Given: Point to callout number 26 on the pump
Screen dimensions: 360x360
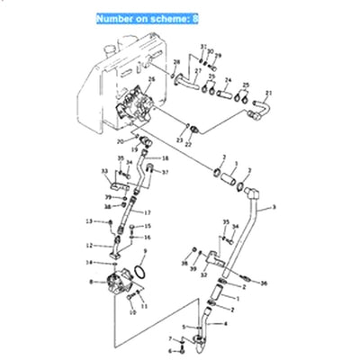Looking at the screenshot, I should click(x=151, y=80).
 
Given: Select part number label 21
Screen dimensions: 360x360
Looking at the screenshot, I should click(x=268, y=93).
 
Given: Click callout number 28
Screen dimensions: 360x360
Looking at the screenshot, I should click(x=176, y=61).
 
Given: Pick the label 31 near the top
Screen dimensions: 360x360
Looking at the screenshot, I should click(x=203, y=45).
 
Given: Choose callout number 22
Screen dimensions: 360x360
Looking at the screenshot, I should click(x=188, y=144).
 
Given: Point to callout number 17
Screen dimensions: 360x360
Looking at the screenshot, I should click(x=147, y=212).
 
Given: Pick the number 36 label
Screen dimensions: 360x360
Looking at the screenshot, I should click(x=265, y=284).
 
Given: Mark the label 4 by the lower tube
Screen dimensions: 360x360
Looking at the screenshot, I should click(x=226, y=323).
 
